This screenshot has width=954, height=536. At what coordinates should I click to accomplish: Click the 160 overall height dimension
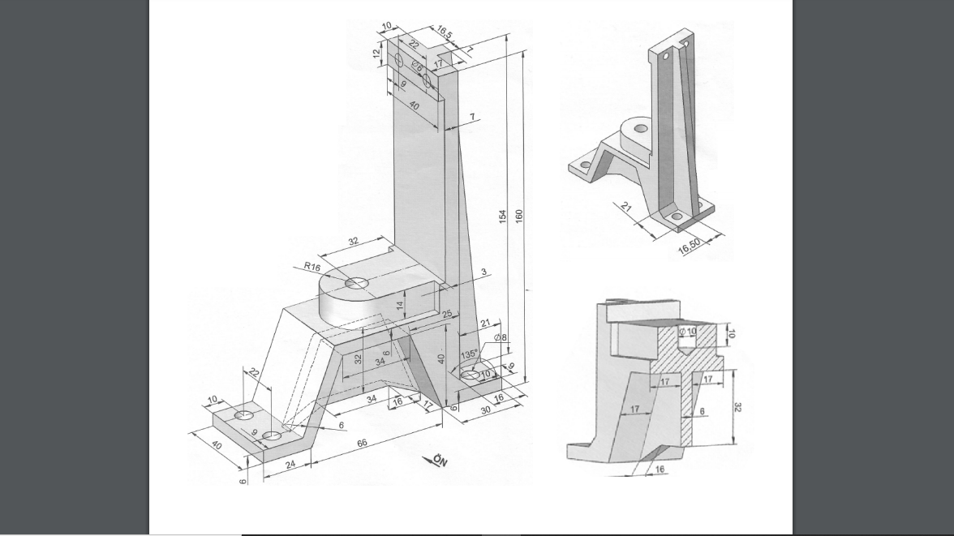click(519, 216)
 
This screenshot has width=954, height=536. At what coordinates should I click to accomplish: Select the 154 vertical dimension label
click(502, 216)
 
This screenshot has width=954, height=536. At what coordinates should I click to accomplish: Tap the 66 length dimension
click(363, 443)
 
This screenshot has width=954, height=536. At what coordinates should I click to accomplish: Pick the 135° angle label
click(469, 355)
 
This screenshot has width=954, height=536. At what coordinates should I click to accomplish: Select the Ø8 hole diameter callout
click(500, 337)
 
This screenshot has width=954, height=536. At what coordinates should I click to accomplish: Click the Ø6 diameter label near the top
click(416, 66)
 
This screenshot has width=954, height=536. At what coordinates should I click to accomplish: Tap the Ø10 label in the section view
click(687, 332)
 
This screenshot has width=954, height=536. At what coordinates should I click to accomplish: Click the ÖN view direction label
click(439, 461)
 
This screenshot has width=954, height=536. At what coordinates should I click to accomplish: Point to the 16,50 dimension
click(690, 246)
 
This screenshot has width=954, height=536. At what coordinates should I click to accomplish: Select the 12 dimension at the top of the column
click(376, 54)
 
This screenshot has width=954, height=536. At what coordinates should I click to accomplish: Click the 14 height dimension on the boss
click(399, 305)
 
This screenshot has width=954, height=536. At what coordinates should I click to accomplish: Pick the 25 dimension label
click(447, 314)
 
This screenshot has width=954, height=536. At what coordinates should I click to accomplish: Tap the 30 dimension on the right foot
click(485, 410)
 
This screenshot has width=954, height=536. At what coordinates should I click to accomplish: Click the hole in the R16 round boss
click(356, 283)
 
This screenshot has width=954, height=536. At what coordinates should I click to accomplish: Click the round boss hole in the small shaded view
click(641, 128)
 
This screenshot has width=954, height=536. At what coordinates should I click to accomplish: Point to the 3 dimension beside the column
click(484, 272)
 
